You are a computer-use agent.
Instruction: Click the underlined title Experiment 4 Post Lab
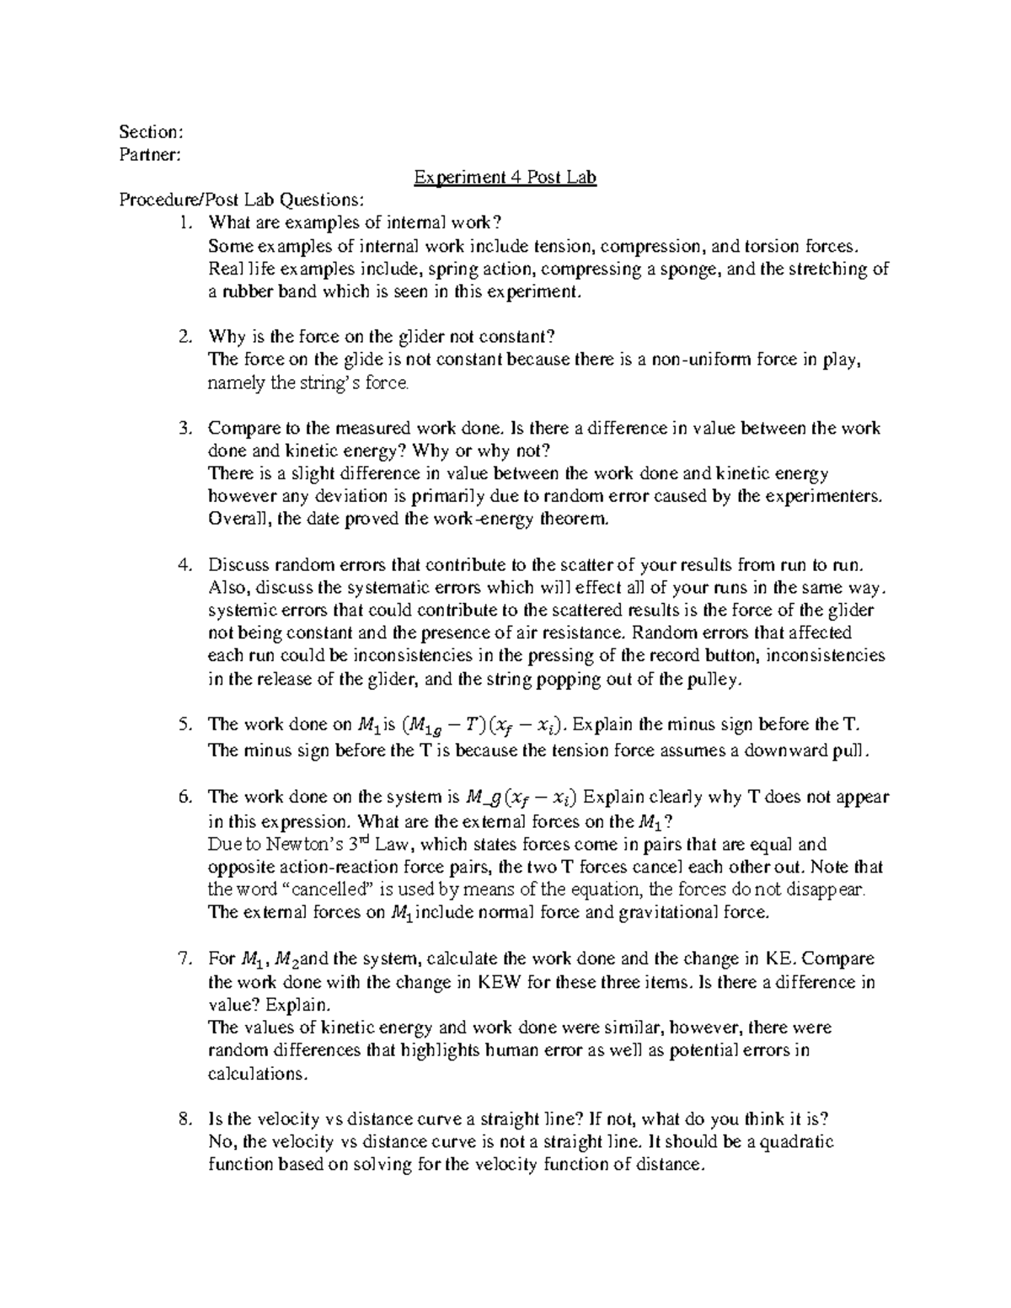point(505,178)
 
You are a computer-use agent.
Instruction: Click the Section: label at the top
point(150,132)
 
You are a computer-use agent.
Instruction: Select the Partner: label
point(149,155)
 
